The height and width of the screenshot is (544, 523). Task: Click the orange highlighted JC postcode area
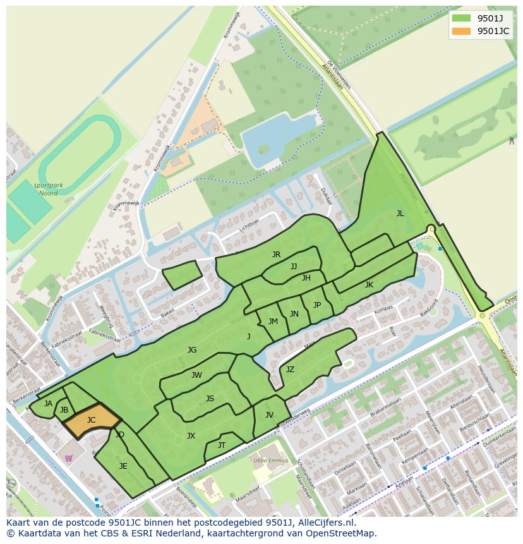pos(92,420)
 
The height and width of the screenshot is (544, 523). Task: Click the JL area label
pos(400,214)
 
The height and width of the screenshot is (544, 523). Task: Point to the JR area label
pos(276,255)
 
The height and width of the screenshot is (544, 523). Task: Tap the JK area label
pos(369,285)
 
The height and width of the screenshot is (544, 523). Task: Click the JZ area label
pos(290,370)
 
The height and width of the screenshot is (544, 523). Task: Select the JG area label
pos(192,349)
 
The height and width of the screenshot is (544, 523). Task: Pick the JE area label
pos(123,466)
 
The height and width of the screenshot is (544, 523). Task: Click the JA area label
pos(48,404)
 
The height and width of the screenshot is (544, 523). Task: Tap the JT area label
pos(222,445)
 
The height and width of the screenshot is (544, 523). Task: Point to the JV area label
pos(269,415)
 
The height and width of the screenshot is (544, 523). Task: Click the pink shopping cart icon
pos(68,458)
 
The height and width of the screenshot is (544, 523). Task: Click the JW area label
pos(196,375)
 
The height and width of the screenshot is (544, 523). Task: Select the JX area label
pos(191,436)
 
